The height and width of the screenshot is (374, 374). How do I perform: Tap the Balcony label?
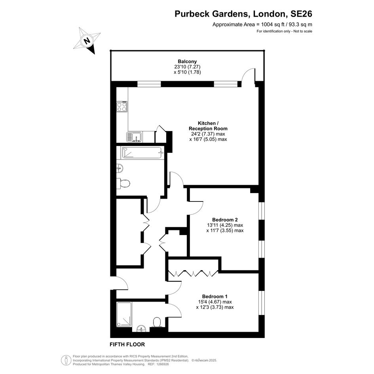coord(187,61)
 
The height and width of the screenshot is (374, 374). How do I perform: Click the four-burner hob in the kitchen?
coord(122,106)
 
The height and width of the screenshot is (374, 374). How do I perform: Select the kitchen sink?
coord(134,137)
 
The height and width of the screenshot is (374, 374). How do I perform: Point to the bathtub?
coord(142,153)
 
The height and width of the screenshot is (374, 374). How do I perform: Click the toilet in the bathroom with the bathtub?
coord(123,184)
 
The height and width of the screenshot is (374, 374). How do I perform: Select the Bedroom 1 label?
coord(215,296)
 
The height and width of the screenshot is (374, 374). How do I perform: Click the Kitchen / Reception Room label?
coord(208,126)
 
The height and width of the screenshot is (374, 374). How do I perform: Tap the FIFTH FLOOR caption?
coord(127,344)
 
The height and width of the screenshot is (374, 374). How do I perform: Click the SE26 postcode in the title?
coord(301,14)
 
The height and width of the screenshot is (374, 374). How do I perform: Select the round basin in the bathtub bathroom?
coord(120,168)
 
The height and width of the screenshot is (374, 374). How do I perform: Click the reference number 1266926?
coord(162,364)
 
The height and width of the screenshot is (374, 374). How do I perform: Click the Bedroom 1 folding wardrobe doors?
coord(193,273)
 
